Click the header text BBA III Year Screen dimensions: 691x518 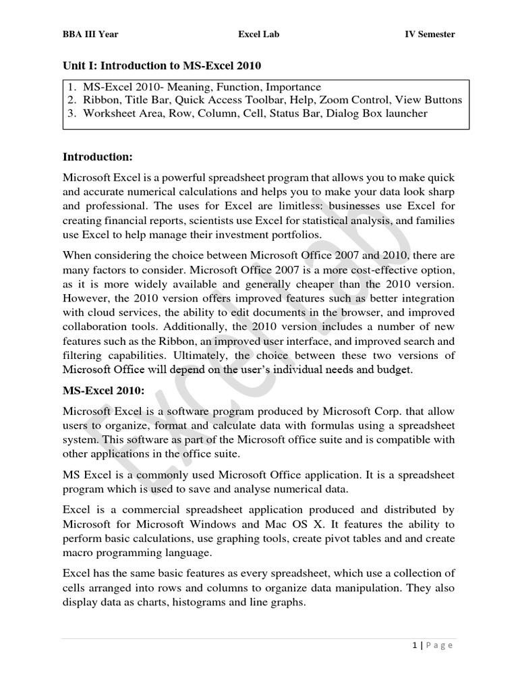click(x=90, y=34)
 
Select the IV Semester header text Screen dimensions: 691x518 click(x=429, y=34)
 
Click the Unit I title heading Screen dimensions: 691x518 click(x=161, y=65)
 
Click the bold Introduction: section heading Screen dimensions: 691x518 click(x=98, y=157)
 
